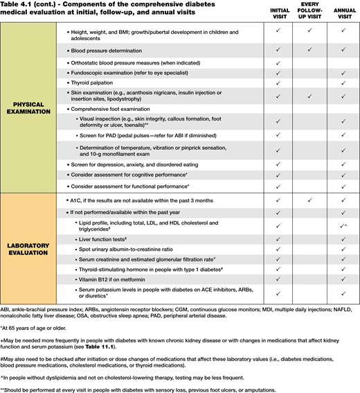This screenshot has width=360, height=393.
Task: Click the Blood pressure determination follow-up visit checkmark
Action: click(x=309, y=51)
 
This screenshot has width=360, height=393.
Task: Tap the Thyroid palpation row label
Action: click(x=100, y=82)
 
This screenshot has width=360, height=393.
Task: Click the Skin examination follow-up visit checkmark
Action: click(x=309, y=96)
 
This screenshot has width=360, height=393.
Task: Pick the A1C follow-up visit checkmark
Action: click(x=309, y=199)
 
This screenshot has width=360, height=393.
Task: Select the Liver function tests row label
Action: click(x=105, y=238)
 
